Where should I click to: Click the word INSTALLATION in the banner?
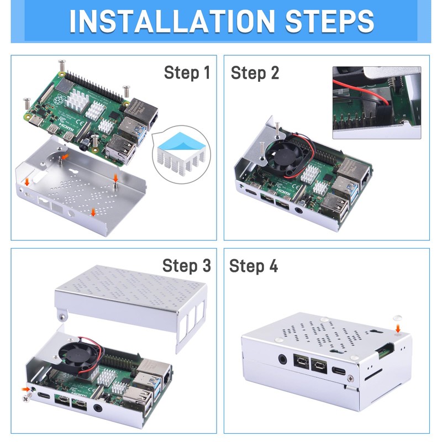click(x=172, y=22)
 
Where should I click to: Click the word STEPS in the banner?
click(x=329, y=22)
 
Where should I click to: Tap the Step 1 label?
click(x=187, y=72)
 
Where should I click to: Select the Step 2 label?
click(x=255, y=73)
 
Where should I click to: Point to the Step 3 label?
click(x=187, y=266)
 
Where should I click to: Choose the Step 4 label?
click(x=254, y=266)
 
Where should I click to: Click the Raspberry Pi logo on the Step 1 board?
click(x=59, y=99)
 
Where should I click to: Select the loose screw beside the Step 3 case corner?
click(x=27, y=398)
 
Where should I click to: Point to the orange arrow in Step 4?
click(x=398, y=328)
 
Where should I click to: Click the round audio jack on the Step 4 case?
click(x=282, y=360)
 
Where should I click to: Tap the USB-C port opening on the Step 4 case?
click(x=339, y=370)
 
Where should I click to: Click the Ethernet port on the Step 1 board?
click(x=142, y=112)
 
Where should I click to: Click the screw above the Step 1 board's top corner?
click(x=62, y=66)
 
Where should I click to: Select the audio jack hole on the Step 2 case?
click(x=298, y=211)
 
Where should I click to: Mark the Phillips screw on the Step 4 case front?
click(x=350, y=378)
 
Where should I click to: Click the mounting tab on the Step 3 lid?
click(x=62, y=315)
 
